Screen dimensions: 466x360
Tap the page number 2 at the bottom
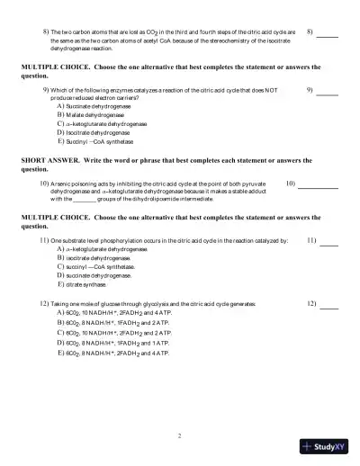(x=180, y=435)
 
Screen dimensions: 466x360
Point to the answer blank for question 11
(x=328, y=244)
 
